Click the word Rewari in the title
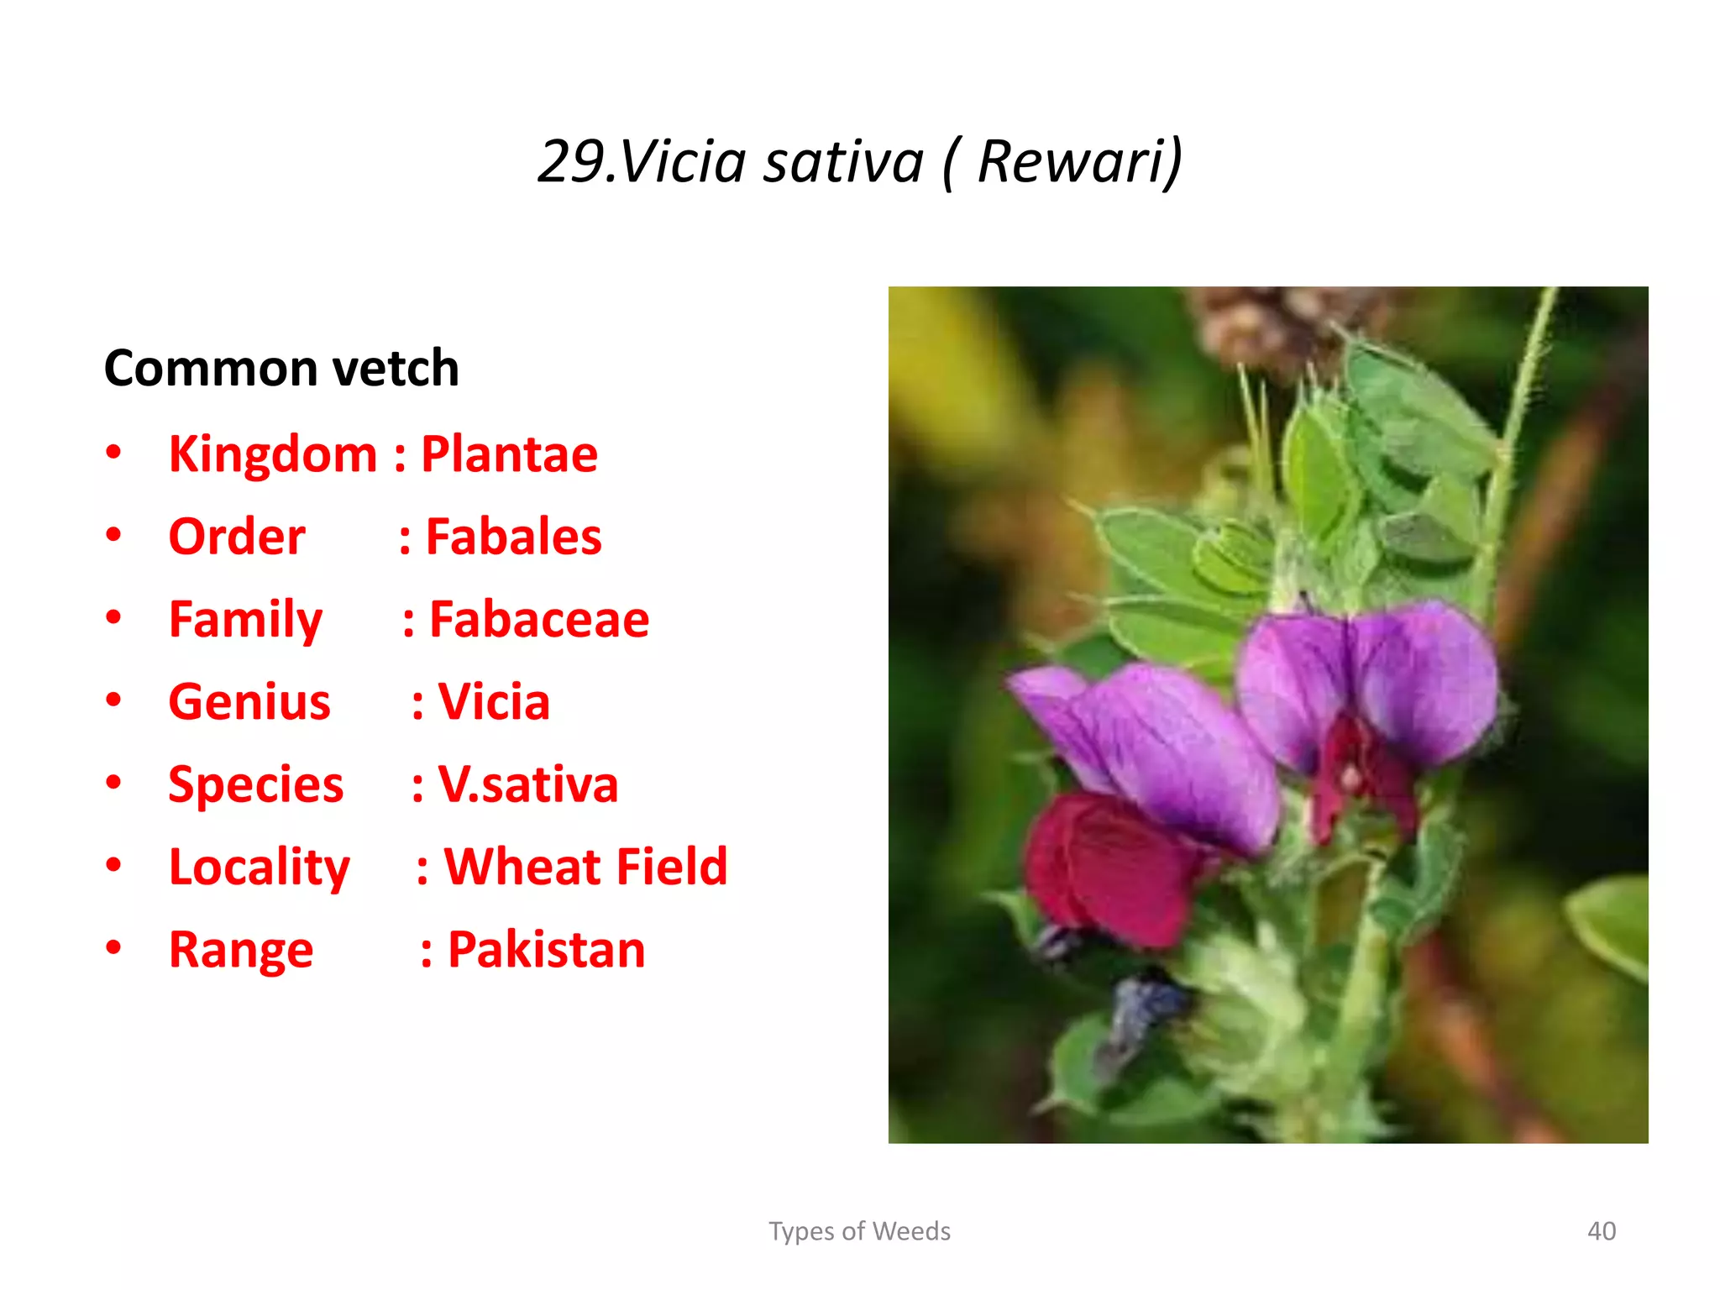point(1079,160)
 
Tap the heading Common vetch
point(281,368)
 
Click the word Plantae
point(509,454)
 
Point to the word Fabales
point(513,537)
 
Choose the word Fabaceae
point(539,620)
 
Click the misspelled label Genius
point(249,701)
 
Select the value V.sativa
point(527,784)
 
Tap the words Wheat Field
point(585,867)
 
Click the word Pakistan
point(546,950)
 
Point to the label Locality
point(260,867)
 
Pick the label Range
point(241,950)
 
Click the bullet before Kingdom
point(114,454)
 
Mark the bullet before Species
point(114,783)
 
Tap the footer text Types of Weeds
point(859,1231)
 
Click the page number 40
point(1601,1231)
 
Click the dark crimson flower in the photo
point(1109,869)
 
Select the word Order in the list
point(237,537)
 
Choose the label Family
point(245,620)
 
